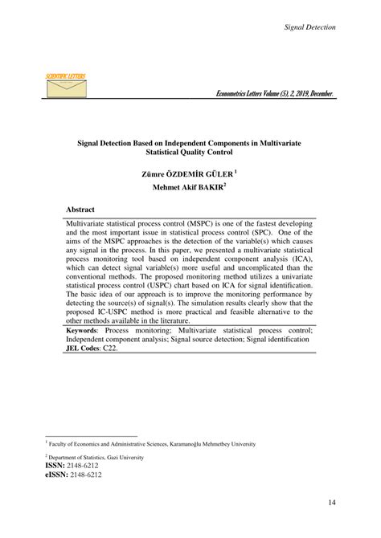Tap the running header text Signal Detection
(310, 27)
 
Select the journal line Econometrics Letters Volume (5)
(276, 94)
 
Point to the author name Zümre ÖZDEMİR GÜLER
(189, 172)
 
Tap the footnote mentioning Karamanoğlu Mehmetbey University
(153, 443)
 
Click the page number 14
(331, 503)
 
